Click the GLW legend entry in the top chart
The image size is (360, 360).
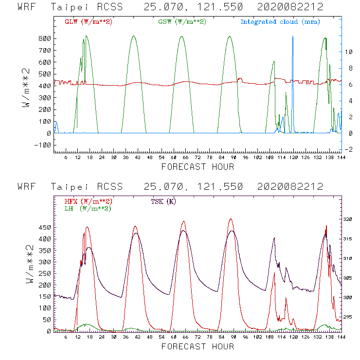(x=89, y=22)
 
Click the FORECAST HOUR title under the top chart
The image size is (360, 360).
(x=198, y=167)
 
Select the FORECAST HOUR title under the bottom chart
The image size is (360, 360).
(x=198, y=347)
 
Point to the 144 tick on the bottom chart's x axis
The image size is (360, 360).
(x=342, y=337)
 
